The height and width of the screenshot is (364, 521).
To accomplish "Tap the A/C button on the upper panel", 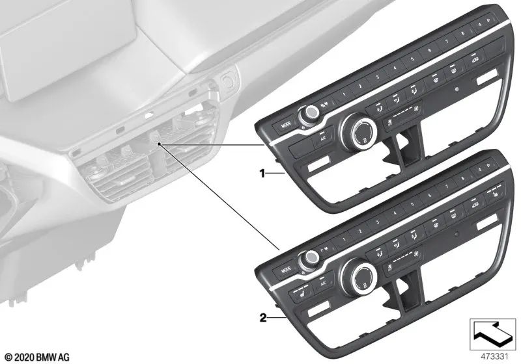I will [x=322, y=138].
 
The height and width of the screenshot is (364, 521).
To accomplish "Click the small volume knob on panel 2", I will [x=308, y=259].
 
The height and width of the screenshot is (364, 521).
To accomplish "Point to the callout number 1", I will [x=263, y=174].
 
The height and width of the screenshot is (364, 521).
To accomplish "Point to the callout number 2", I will [x=263, y=318].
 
